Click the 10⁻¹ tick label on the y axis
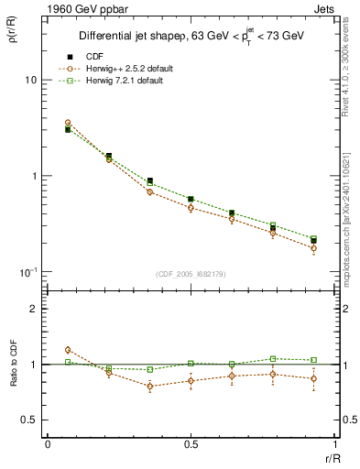tap(27, 272)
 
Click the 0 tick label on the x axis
tap(48, 444)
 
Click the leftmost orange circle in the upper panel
tap(68, 122)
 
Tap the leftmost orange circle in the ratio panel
tap(68, 350)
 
